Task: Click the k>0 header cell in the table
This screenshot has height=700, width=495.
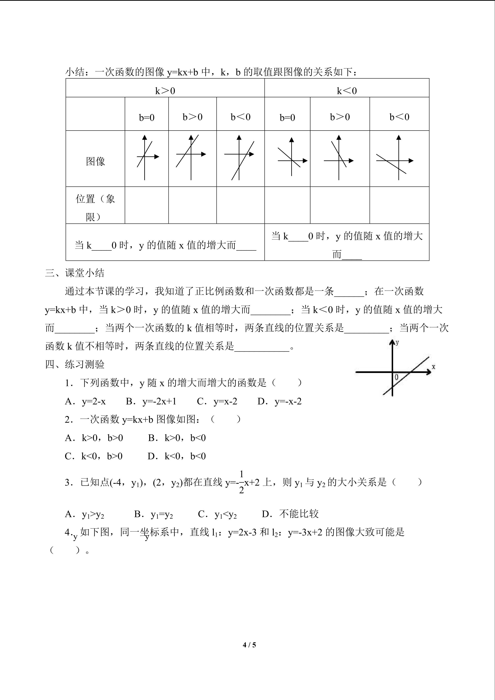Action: (x=165, y=91)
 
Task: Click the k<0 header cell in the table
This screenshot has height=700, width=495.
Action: (x=347, y=91)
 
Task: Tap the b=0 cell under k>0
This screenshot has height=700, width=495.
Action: (x=147, y=117)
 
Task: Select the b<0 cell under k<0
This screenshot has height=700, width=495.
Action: (x=399, y=117)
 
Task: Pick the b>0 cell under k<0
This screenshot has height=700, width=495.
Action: (x=340, y=117)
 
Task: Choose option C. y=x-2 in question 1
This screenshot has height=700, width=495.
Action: (x=217, y=401)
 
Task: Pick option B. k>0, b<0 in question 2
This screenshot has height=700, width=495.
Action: (x=177, y=438)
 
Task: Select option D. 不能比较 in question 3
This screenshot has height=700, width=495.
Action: (x=290, y=514)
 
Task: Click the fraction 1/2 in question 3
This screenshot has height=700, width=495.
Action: (x=241, y=482)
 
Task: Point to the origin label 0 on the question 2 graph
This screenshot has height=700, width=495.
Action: (x=396, y=377)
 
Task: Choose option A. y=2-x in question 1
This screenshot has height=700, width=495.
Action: (x=85, y=401)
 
